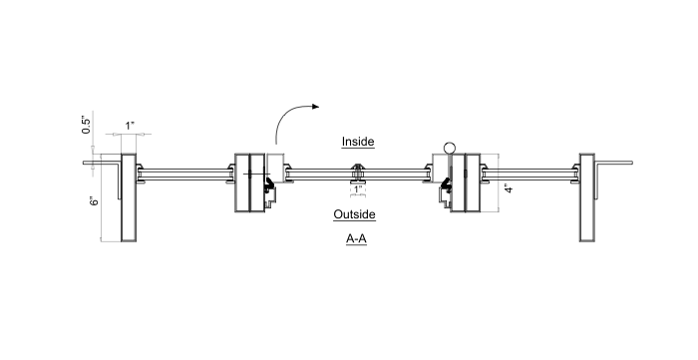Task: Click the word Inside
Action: (357, 142)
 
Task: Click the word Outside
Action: (354, 214)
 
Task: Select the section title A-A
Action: (356, 239)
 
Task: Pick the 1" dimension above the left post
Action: (130, 126)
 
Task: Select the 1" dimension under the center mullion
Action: (357, 188)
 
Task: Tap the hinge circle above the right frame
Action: (451, 149)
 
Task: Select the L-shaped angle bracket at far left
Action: (102, 163)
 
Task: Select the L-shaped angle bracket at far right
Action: (612, 163)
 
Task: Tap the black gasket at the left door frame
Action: (270, 184)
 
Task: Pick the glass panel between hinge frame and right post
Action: (529, 175)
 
